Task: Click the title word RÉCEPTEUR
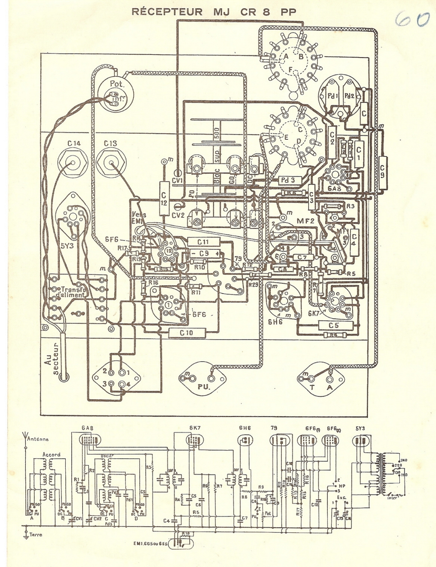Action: pyautogui.click(x=167, y=12)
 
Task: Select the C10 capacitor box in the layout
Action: pyautogui.click(x=187, y=332)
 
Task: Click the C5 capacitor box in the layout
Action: pyautogui.click(x=333, y=325)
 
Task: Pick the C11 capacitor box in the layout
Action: pyautogui.click(x=203, y=242)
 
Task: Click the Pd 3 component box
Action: pyautogui.click(x=287, y=180)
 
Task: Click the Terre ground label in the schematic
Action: pyautogui.click(x=36, y=535)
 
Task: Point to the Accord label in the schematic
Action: pyautogui.click(x=51, y=455)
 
